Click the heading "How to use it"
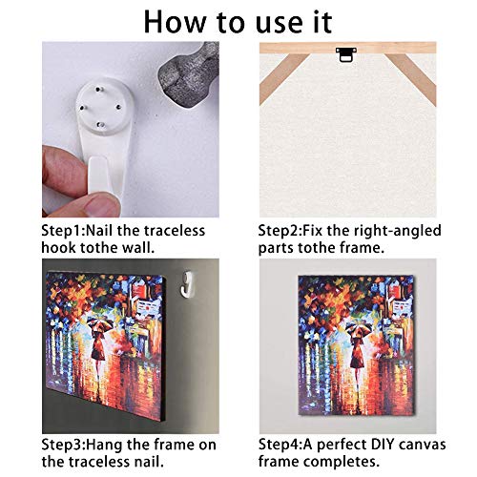click(238, 21)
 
